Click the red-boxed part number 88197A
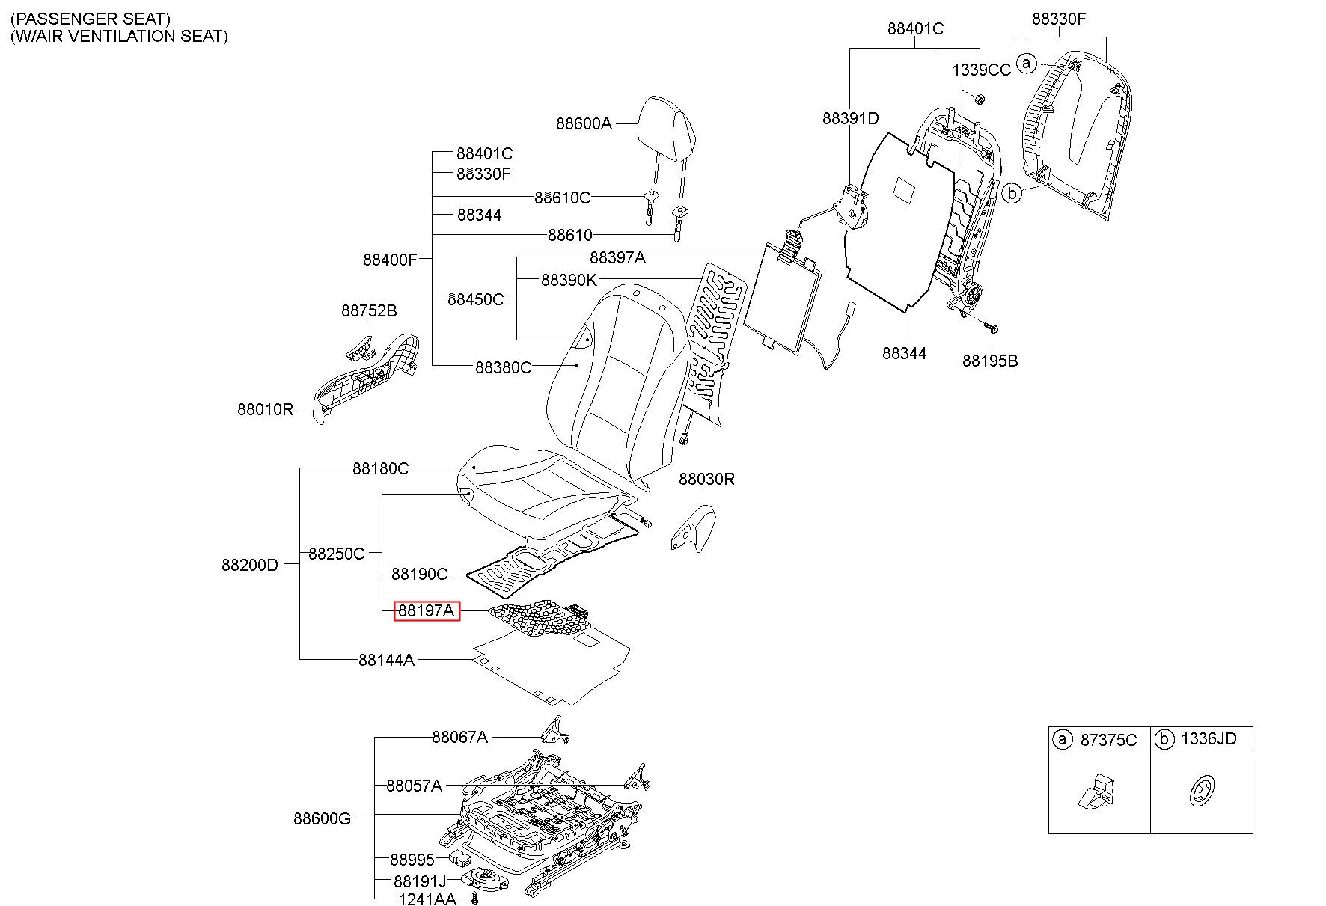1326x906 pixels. pos(427,611)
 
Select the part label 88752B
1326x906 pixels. pos(369,310)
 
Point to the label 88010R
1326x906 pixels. pos(266,409)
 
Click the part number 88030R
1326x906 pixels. pos(706,479)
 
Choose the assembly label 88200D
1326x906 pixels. pos(249,565)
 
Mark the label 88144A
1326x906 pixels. pos(386,660)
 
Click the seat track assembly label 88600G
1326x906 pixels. pos(322,818)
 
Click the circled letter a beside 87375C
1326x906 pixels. pos(1061,740)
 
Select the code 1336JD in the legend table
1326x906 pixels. pos(1209,740)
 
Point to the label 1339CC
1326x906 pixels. pos(981,70)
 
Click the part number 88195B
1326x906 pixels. pos(990,361)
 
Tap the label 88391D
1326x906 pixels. pos(851,118)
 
